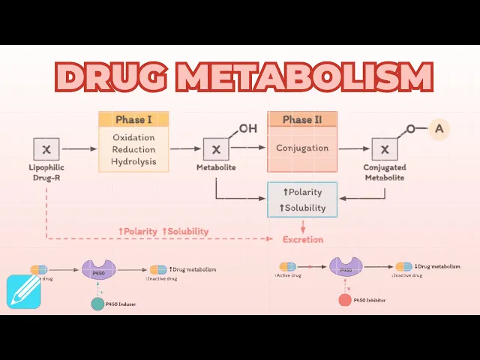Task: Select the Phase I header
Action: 133,119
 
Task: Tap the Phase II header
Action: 302,119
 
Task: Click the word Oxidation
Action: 133,137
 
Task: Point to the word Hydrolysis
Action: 133,161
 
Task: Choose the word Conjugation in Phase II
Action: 302,148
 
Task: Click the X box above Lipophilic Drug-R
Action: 46,149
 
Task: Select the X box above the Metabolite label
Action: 216,149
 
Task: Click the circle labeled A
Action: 439,129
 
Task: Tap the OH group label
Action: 248,128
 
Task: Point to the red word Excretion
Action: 302,239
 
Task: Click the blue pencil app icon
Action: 23,292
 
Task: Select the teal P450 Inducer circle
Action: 97,304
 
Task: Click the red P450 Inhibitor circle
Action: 345,300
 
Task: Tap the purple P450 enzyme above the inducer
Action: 97,269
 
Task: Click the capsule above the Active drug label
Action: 288,266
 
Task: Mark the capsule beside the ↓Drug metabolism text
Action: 404,266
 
